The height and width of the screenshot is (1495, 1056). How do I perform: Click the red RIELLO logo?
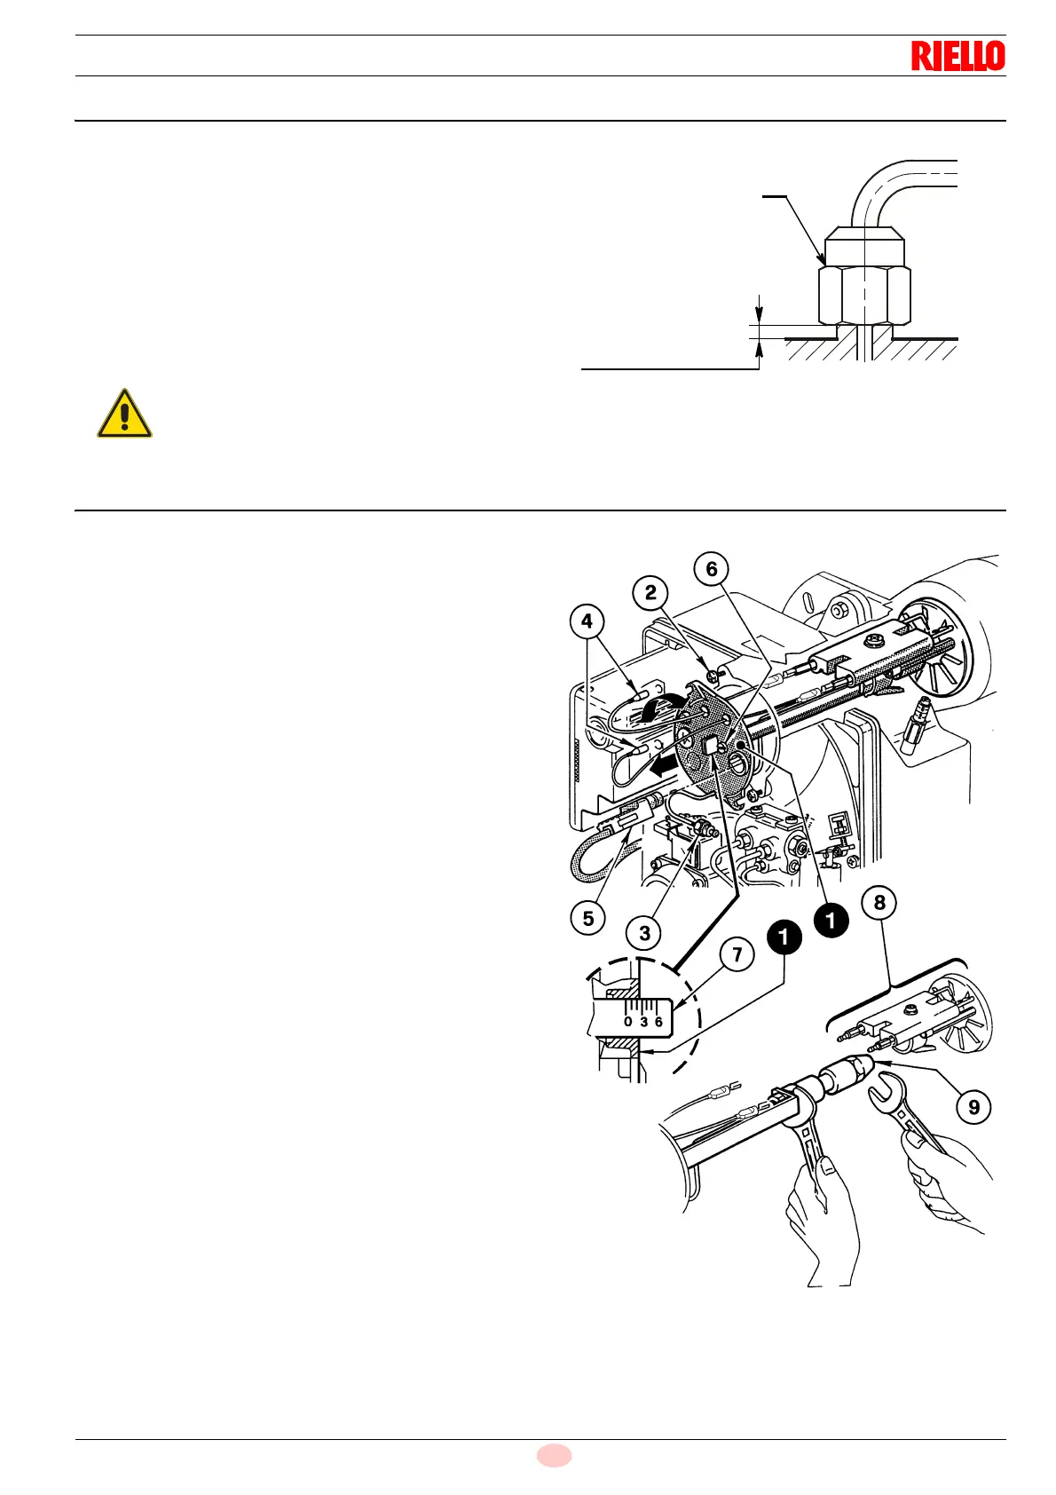tap(957, 56)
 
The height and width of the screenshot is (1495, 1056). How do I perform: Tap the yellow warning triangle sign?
tap(124, 415)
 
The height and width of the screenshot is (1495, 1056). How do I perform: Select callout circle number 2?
tap(651, 593)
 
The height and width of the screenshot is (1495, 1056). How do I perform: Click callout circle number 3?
tap(644, 933)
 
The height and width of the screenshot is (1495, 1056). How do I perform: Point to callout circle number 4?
tap(587, 621)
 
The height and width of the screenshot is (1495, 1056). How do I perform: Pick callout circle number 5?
tap(588, 918)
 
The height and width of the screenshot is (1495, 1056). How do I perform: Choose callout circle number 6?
tap(712, 569)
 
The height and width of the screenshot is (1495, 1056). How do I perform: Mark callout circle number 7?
tap(737, 955)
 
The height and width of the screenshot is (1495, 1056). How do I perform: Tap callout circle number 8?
tap(879, 903)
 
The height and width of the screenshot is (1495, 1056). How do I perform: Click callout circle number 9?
tap(973, 1107)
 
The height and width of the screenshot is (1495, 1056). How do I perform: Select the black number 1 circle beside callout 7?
tap(784, 937)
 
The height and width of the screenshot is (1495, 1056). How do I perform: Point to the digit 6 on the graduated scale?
tap(658, 1022)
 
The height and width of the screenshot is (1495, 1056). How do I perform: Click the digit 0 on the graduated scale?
tap(628, 1022)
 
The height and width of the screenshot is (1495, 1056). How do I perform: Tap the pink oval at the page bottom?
tap(554, 1456)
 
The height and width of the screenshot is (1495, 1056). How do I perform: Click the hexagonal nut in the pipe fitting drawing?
tap(863, 295)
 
